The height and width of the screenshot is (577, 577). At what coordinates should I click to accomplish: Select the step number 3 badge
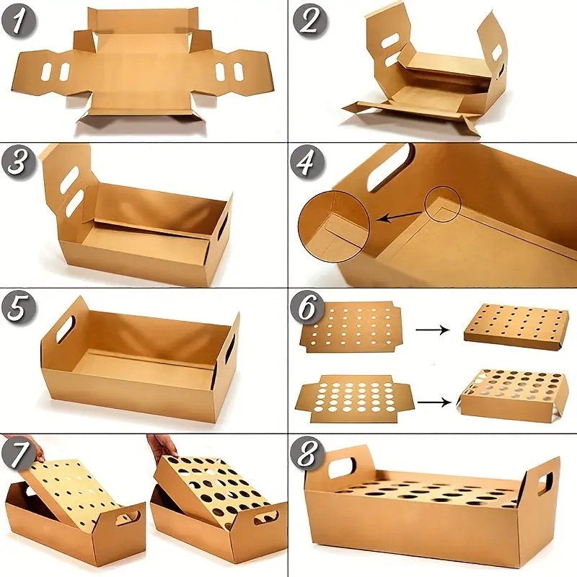19,162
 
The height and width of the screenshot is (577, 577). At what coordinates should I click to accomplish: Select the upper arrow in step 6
432,330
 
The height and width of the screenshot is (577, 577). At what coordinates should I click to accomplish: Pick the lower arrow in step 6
434,402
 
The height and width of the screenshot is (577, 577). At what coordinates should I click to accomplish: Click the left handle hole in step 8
343,467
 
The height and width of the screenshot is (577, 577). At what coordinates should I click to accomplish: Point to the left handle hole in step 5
66,325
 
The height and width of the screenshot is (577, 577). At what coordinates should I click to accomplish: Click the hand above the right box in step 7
164,446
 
